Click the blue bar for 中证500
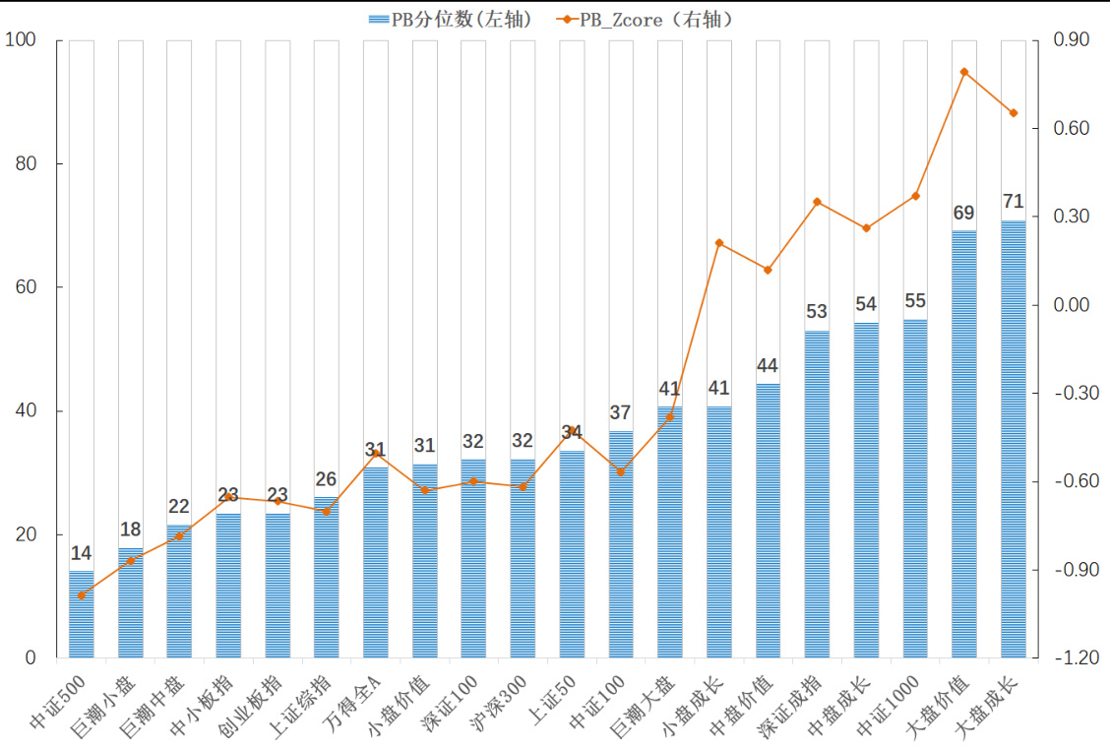[82, 614]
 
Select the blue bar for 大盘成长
[1014, 439]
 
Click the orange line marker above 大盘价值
[964, 72]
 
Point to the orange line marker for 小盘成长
[719, 242]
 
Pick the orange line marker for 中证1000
[915, 196]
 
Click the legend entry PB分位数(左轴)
[449, 19]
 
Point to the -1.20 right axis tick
[1070, 657]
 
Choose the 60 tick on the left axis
[25, 287]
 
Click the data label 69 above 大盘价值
[964, 214]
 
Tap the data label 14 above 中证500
[82, 553]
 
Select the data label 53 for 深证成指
[817, 312]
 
